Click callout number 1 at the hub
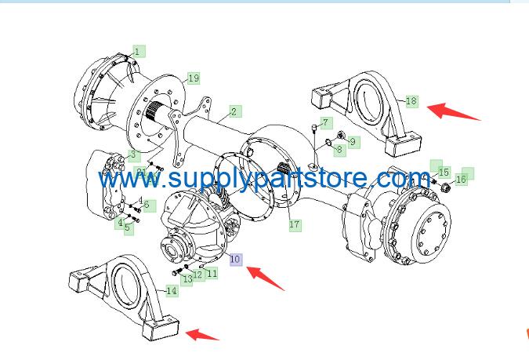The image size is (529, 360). [138, 52]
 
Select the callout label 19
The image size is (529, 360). [194, 78]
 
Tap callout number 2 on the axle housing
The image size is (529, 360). [234, 111]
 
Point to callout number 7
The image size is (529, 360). [325, 122]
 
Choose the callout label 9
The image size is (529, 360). [353, 142]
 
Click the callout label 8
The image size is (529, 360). [339, 150]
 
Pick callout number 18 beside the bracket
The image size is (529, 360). [411, 101]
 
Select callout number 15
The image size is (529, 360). [444, 173]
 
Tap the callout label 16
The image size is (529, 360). [461, 180]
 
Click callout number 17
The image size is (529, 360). [295, 224]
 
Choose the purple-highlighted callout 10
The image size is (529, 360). [235, 260]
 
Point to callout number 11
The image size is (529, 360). [212, 273]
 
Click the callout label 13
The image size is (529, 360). [187, 279]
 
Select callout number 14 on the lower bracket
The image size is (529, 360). [172, 290]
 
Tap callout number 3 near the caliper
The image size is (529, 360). [133, 155]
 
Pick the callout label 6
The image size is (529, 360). [147, 205]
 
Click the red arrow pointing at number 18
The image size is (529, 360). [454, 112]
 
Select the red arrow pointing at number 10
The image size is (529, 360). [266, 278]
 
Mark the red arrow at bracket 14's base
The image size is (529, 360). [202, 334]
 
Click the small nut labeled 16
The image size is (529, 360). [445, 186]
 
